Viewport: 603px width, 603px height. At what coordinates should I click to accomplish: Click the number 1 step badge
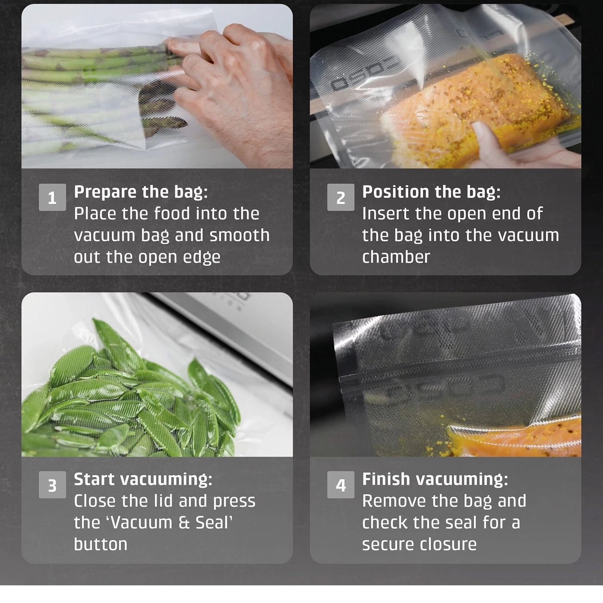(x=52, y=197)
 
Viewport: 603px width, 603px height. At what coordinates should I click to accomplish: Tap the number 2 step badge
(x=341, y=197)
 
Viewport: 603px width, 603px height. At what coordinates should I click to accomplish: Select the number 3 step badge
(x=52, y=485)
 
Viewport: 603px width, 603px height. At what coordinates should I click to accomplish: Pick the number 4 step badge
(x=341, y=485)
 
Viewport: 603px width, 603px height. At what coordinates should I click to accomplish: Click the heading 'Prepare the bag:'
(x=141, y=192)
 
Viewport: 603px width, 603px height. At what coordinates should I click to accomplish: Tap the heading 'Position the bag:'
(x=431, y=192)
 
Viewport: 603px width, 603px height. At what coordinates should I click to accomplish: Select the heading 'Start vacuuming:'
(x=143, y=479)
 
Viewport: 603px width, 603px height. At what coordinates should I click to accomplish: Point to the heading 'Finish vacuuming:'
(x=435, y=479)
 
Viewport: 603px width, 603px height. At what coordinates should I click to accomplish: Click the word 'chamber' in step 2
(x=396, y=257)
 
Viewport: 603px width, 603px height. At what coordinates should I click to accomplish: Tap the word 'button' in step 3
(x=100, y=544)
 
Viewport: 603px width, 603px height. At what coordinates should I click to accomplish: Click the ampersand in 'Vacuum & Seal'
(x=184, y=523)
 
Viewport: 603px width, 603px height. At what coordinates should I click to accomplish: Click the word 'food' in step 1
(x=171, y=213)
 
